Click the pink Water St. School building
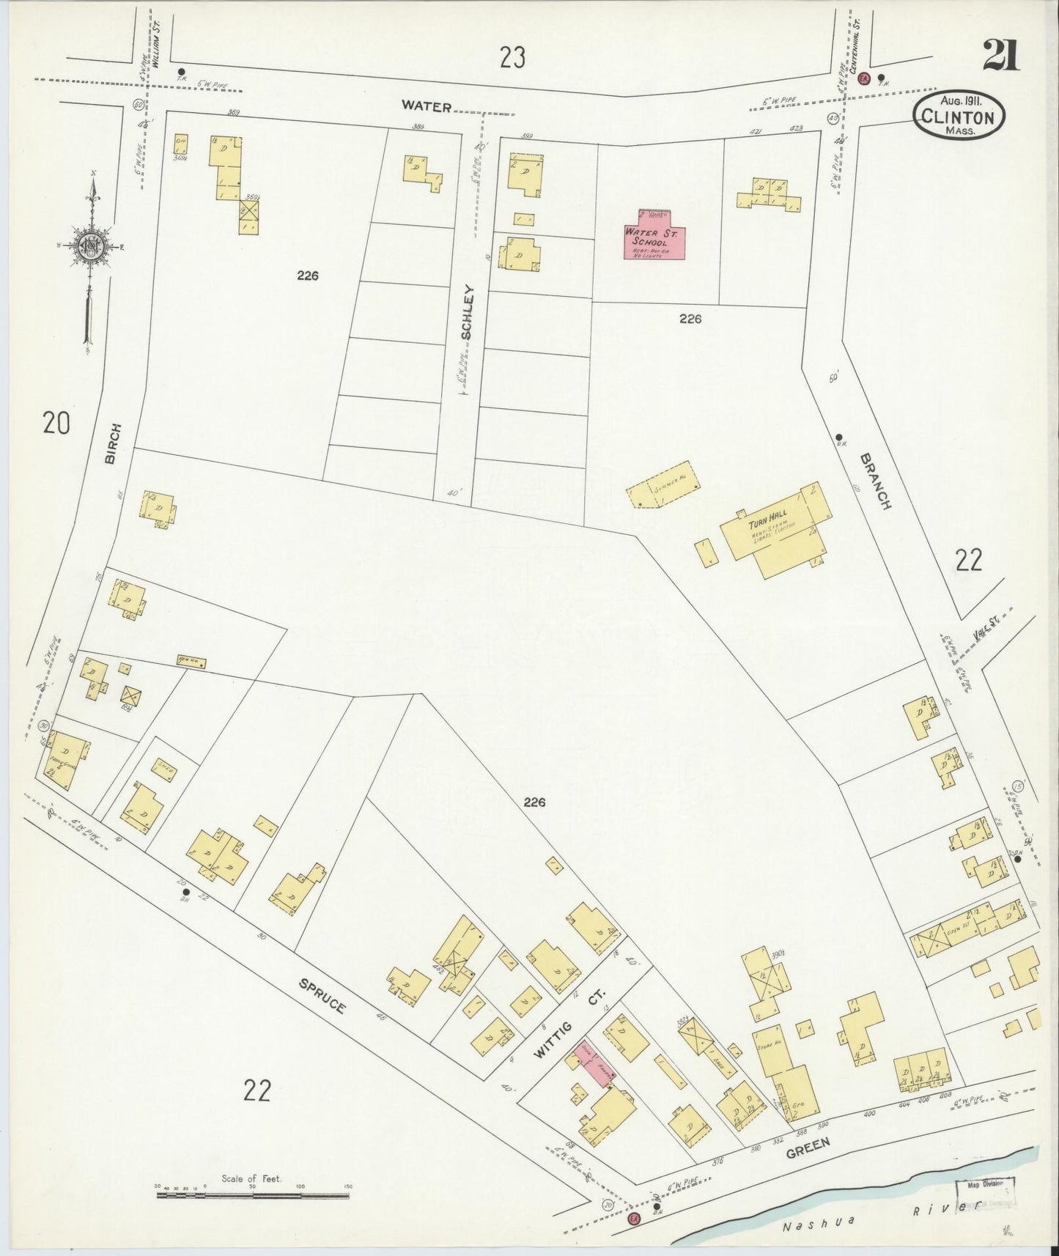pyautogui.click(x=654, y=237)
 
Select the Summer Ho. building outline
pyautogui.click(x=662, y=485)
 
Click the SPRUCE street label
pyautogui.click(x=322, y=995)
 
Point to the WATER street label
pyautogui.click(x=426, y=106)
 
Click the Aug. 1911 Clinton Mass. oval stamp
pyautogui.click(x=959, y=115)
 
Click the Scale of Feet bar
pyautogui.click(x=253, y=1196)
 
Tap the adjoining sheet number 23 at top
pyautogui.click(x=513, y=56)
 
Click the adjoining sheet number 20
pyautogui.click(x=56, y=423)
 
